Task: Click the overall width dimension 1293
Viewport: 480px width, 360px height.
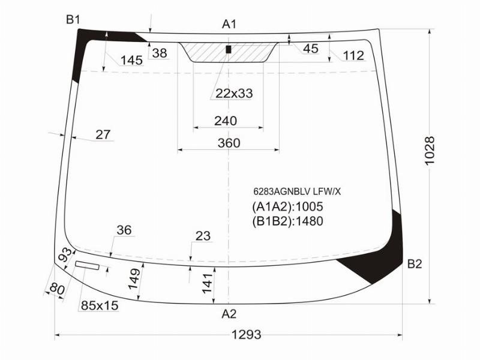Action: (247, 335)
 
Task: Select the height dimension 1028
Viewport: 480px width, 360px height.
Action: (430, 151)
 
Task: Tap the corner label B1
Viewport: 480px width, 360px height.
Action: (73, 20)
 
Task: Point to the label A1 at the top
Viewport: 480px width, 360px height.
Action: (229, 24)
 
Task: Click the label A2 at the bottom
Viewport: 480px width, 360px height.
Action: (229, 314)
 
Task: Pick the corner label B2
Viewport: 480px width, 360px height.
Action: (415, 263)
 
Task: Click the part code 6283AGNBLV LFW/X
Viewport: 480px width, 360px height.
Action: (297, 191)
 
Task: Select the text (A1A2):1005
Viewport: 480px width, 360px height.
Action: (287, 207)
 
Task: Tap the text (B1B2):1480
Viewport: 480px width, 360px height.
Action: (287, 221)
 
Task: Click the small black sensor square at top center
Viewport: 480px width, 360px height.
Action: (228, 49)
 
